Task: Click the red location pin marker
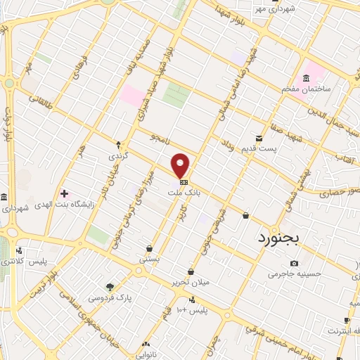pos(181,165)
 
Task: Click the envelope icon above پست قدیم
pos(259,139)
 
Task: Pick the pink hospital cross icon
pos(64,193)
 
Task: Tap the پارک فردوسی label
pos(110,297)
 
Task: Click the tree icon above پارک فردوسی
pos(110,287)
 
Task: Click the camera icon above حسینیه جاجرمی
pos(293,264)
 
